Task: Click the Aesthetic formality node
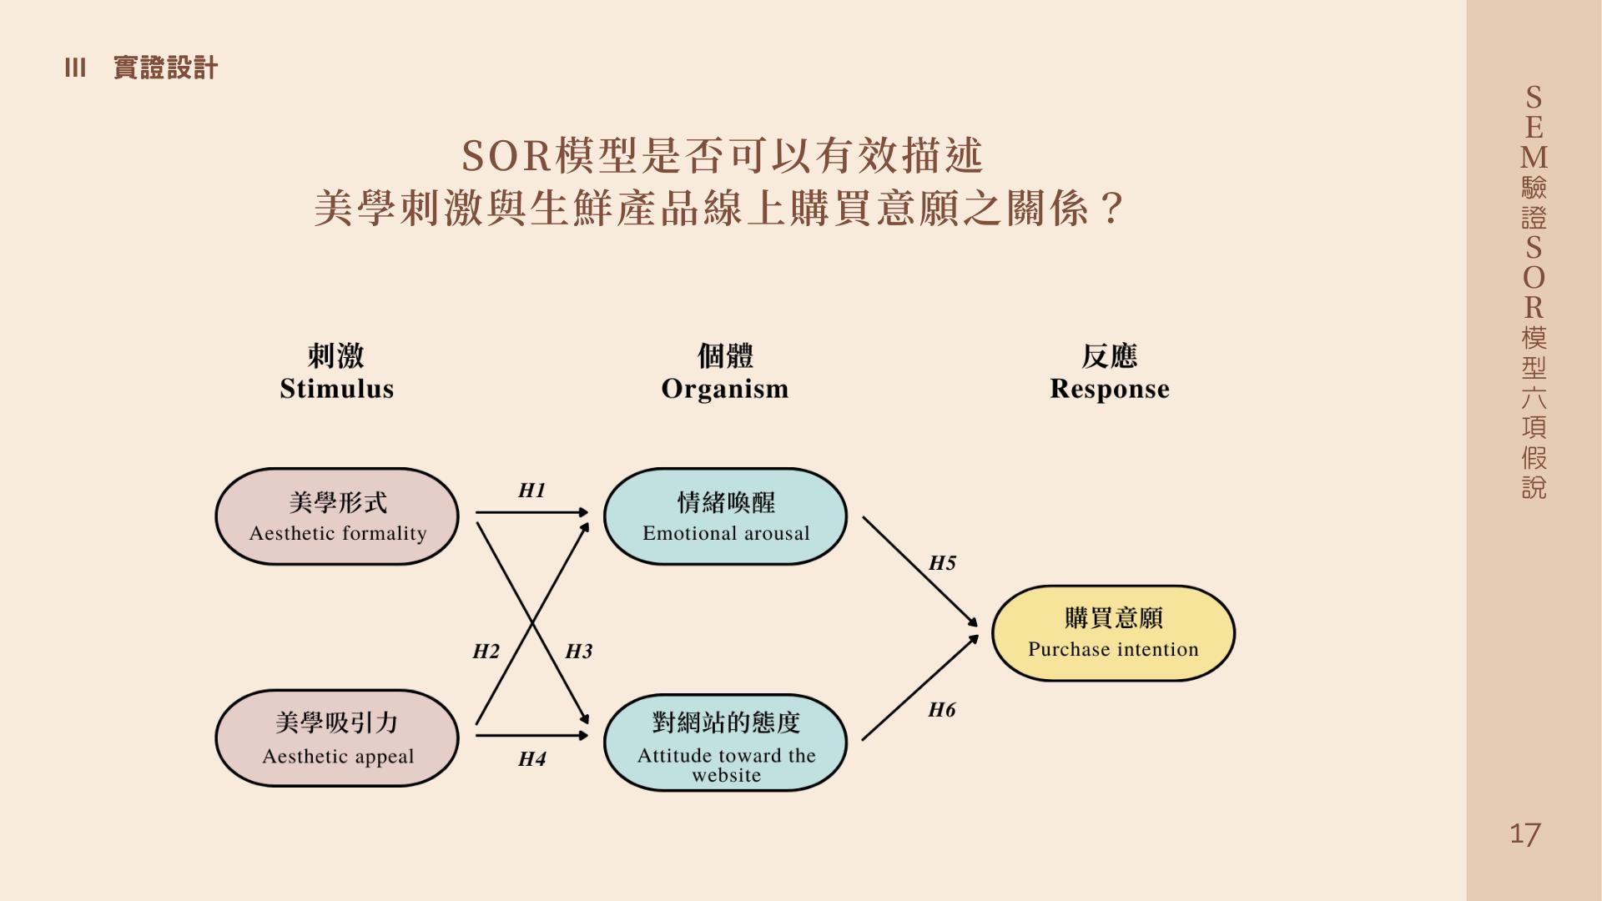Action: click(x=337, y=516)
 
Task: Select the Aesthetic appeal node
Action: click(x=337, y=738)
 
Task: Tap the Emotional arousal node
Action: click(x=725, y=516)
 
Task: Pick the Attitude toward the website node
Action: click(x=725, y=742)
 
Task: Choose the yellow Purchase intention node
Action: click(x=1113, y=633)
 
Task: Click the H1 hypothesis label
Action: click(x=531, y=491)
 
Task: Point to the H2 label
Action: click(x=486, y=652)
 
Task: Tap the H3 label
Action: click(x=578, y=652)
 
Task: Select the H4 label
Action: click(x=531, y=759)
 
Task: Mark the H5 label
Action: click(x=942, y=563)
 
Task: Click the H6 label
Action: click(x=942, y=710)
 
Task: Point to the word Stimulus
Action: click(x=336, y=389)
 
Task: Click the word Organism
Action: click(x=724, y=389)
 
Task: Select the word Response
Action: click(x=1110, y=389)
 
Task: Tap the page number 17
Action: click(x=1525, y=834)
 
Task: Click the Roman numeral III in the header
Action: click(x=75, y=68)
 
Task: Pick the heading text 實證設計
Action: click(x=165, y=68)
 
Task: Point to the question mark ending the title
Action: click(x=1111, y=209)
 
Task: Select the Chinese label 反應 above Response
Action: click(x=1110, y=356)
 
